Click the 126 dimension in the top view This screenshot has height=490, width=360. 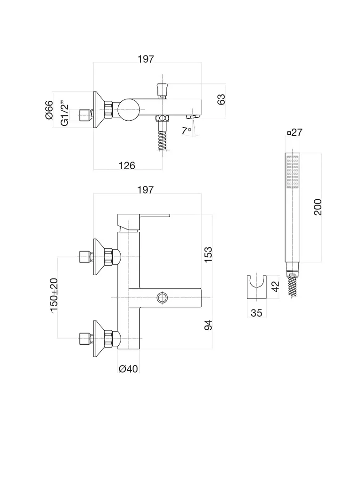[126, 165]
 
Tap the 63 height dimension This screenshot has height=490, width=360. [221, 99]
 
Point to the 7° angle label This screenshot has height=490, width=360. [186, 130]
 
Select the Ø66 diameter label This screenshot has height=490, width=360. [49, 110]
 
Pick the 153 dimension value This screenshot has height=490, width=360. [208, 254]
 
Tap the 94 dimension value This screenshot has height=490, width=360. [208, 325]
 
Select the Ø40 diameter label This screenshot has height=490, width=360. [128, 369]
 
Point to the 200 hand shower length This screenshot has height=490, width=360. [318, 207]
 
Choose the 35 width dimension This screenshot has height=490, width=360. [256, 313]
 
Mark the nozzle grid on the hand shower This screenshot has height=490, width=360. [292, 172]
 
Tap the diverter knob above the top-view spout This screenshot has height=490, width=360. [161, 89]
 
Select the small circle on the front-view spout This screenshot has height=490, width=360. [163, 297]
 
